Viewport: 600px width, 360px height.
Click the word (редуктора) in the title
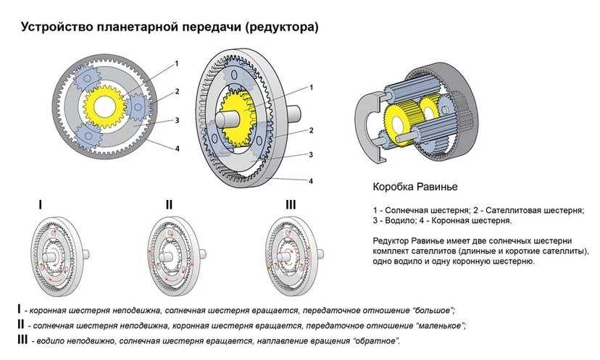(x=281, y=28)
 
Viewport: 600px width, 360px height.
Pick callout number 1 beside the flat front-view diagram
(x=176, y=64)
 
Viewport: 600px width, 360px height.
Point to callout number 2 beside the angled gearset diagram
(x=310, y=131)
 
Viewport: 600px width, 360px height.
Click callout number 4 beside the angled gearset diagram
(x=310, y=180)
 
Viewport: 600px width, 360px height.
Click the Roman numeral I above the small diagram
(x=40, y=205)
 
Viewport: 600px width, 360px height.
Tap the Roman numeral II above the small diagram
(x=169, y=205)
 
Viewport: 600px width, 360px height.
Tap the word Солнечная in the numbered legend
(x=407, y=210)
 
